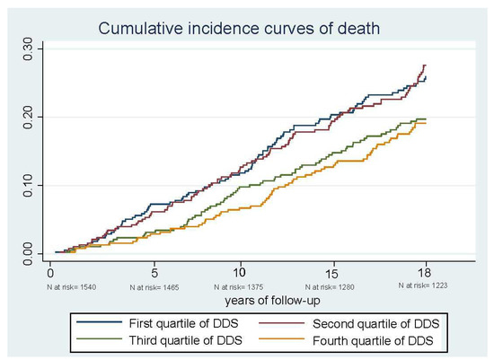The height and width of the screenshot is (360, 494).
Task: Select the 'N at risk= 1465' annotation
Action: pos(158,286)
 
